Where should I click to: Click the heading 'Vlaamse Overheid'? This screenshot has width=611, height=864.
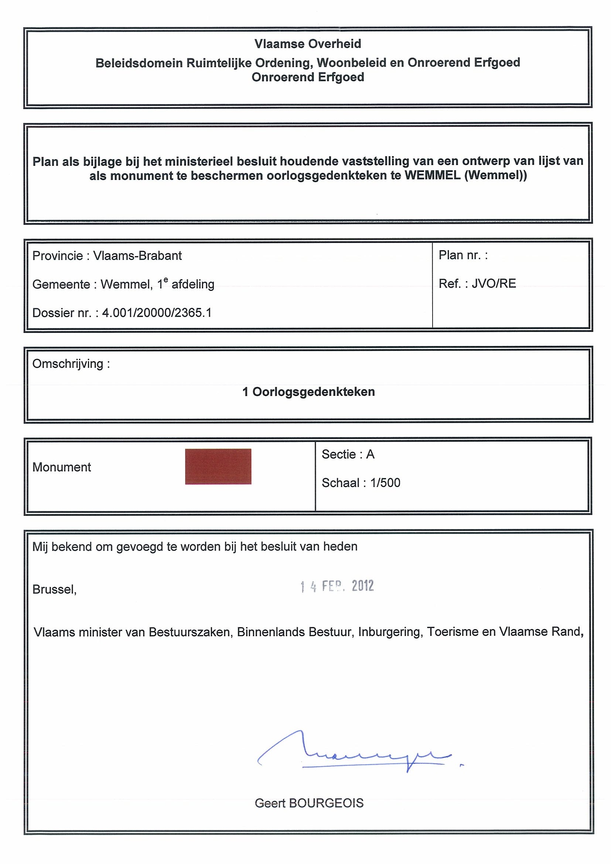pyautogui.click(x=308, y=44)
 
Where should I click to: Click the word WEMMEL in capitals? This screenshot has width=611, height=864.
pyautogui.click(x=433, y=175)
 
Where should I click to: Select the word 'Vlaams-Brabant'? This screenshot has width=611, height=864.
pyautogui.click(x=137, y=256)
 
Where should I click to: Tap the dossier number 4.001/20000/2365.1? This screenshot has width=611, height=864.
pyautogui.click(x=157, y=313)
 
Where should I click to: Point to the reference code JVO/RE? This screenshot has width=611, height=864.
pyautogui.click(x=494, y=283)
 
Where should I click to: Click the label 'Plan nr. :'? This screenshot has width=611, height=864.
pyautogui.click(x=463, y=255)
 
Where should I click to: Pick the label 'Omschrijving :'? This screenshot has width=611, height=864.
pyautogui.click(x=71, y=364)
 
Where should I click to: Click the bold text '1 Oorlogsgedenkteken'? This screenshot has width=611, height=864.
pyautogui.click(x=308, y=392)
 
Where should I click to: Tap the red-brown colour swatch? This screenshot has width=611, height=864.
pyautogui.click(x=218, y=466)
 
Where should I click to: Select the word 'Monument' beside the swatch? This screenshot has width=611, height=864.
pyautogui.click(x=62, y=467)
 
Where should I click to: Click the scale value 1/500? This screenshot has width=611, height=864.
pyautogui.click(x=385, y=483)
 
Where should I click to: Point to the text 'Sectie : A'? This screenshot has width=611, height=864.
pyautogui.click(x=348, y=455)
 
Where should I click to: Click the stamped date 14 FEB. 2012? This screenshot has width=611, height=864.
pyautogui.click(x=337, y=586)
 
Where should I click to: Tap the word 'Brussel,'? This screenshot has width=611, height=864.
pyautogui.click(x=55, y=589)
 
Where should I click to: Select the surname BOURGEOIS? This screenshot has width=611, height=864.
pyautogui.click(x=326, y=803)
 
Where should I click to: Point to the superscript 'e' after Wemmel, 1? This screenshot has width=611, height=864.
pyautogui.click(x=166, y=280)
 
